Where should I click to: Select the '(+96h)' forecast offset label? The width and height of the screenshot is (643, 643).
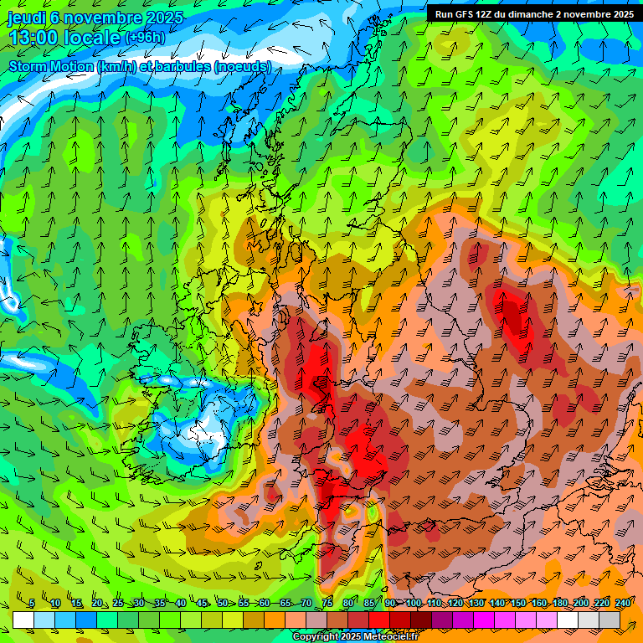tap(145, 38)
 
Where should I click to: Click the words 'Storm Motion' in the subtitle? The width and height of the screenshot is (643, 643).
tap(51, 66)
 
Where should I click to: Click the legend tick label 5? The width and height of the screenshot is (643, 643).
tap(31, 604)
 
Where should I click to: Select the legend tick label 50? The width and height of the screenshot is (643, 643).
tap(222, 604)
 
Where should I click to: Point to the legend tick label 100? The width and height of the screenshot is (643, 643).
tap(413, 604)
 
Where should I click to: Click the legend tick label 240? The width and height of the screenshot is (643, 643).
tap(623, 604)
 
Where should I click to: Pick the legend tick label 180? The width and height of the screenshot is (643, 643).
tap(559, 604)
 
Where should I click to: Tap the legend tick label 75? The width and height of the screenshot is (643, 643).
tap(327, 604)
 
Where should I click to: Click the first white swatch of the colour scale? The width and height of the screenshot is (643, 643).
tap(23, 620)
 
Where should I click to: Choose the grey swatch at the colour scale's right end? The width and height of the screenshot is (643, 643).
tap(610, 620)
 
